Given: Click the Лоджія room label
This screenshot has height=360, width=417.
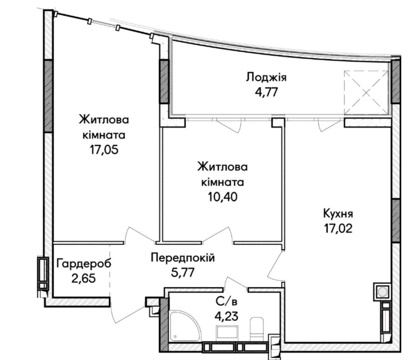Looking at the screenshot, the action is [x=266, y=78].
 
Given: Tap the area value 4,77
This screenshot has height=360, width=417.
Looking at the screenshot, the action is [x=266, y=92].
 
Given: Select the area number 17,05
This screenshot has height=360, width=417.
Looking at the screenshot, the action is [x=104, y=150].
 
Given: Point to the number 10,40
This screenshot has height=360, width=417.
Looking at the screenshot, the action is [x=223, y=197].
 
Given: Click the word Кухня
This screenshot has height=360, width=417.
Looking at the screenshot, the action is [x=338, y=214].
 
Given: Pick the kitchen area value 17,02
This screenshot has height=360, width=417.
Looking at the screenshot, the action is [x=338, y=228].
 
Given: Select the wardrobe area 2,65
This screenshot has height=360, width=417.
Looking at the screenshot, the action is [x=83, y=279].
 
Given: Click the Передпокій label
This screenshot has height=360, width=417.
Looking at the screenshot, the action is [x=183, y=258].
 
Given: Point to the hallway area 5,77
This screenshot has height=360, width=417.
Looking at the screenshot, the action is [x=183, y=272].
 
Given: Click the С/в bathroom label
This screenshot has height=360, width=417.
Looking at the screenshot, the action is [x=226, y=302].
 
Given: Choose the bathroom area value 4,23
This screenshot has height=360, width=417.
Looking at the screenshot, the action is [x=226, y=316].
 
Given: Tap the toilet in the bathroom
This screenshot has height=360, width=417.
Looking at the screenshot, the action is [x=256, y=329].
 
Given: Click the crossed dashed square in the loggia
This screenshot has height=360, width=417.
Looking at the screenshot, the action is [x=366, y=93].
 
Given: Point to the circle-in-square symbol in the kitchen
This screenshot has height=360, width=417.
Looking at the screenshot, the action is [x=382, y=292].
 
